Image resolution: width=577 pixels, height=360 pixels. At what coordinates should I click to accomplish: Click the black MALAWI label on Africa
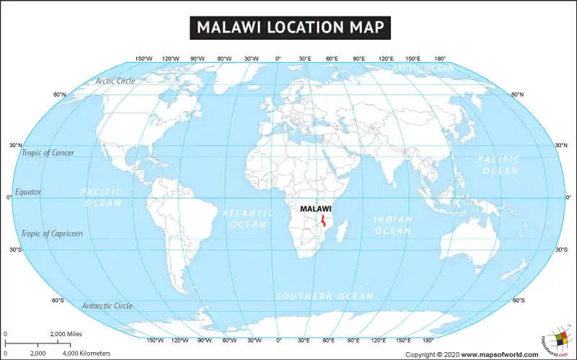[x=315, y=208]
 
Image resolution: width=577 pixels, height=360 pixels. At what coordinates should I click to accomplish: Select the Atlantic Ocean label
[x=247, y=219]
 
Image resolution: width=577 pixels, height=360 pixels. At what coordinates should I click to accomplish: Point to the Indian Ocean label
[x=392, y=225]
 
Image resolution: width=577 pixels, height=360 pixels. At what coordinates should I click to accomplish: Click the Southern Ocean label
[x=325, y=297]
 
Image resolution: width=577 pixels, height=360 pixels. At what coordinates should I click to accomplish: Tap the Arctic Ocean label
[x=423, y=68]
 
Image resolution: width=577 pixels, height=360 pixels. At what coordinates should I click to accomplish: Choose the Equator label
[x=29, y=192]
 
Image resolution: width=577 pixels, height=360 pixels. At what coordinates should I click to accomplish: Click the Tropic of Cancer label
[x=48, y=153]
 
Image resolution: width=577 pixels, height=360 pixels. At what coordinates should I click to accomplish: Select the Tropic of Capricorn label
[x=52, y=234]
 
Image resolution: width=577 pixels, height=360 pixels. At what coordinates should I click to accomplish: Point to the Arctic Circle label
[x=115, y=82]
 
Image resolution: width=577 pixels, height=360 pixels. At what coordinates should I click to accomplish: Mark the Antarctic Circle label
[x=107, y=306]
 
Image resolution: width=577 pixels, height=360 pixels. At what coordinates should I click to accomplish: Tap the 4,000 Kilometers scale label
[x=87, y=354]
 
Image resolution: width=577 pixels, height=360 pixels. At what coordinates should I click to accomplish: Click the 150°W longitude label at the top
[x=144, y=58]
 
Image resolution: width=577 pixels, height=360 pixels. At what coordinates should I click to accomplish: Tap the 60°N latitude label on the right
[x=517, y=95]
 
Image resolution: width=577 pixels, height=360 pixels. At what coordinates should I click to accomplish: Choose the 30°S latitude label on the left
[x=16, y=250]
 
